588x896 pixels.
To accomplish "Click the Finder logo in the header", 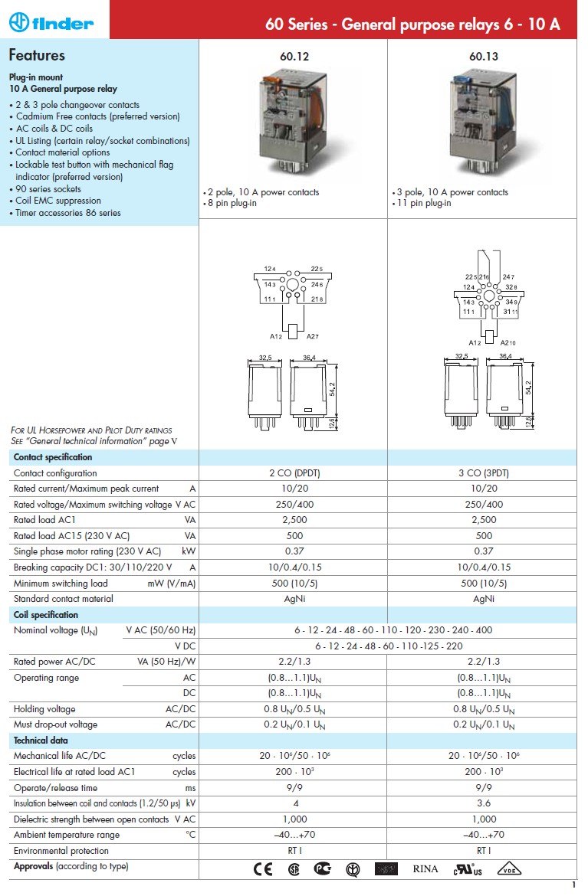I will point(51,23).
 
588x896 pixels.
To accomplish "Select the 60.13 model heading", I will point(483,56).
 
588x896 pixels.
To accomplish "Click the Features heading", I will point(37,55).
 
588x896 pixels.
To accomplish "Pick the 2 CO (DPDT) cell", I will point(294,473).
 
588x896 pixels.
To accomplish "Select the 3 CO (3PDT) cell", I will point(483,473).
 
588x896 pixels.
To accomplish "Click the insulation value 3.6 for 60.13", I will point(483,803).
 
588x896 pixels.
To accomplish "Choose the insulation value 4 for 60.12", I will point(294,803).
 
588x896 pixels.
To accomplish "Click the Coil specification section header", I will point(46,615).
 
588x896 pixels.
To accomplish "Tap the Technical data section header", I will point(41,741).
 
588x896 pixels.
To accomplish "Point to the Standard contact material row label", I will point(64,599).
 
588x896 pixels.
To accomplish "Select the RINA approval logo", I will point(425,868).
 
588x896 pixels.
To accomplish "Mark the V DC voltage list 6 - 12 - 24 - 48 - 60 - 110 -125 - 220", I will point(389,646).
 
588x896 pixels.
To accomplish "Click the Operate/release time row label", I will point(56,787).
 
